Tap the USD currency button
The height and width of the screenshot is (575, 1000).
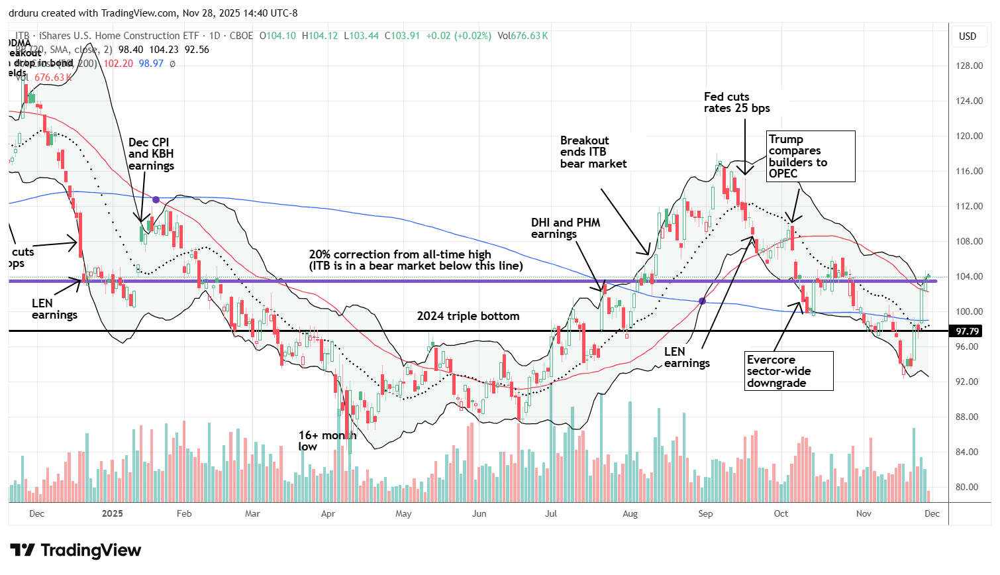[x=968, y=36]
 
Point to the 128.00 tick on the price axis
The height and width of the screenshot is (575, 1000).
[x=968, y=66]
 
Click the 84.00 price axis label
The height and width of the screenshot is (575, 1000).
[x=968, y=452]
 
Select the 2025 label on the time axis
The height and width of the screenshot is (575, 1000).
[x=113, y=513]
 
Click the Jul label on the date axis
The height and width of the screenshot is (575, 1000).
[x=550, y=513]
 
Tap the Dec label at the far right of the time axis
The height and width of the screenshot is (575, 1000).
[x=932, y=513]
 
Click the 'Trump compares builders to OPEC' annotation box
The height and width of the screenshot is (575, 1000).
[x=811, y=156]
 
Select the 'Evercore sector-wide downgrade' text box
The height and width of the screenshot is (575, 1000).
[x=787, y=371]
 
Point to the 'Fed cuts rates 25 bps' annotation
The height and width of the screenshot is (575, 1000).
[x=736, y=103]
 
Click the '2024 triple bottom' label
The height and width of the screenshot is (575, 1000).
[x=468, y=316]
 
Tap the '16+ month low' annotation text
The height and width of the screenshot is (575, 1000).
[x=326, y=441]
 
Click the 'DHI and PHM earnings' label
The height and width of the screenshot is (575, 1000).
[x=566, y=228]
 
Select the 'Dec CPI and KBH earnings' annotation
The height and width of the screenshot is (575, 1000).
[x=151, y=154]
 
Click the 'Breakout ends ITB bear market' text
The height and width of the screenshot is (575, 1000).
[x=593, y=152]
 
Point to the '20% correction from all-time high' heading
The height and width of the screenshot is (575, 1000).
[x=400, y=254]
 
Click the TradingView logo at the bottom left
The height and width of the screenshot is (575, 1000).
[x=76, y=550]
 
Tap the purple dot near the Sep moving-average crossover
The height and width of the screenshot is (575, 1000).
[x=703, y=301]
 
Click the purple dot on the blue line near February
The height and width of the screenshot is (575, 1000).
[x=156, y=199]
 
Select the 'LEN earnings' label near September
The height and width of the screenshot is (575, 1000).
[x=687, y=357]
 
